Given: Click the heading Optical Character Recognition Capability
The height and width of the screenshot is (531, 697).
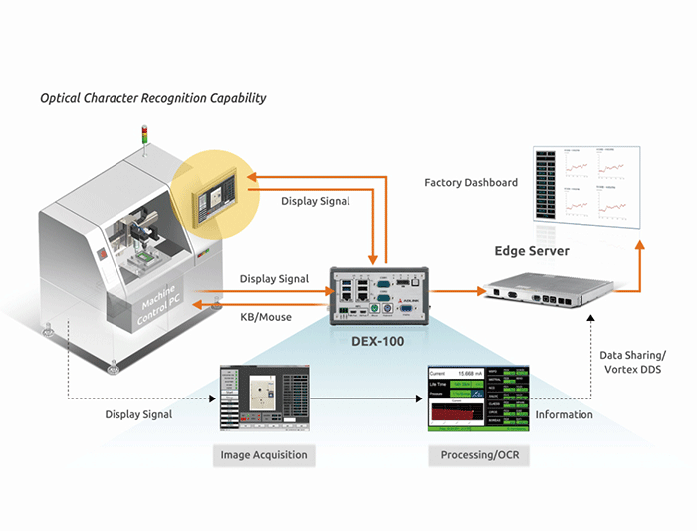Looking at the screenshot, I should click(x=152, y=99).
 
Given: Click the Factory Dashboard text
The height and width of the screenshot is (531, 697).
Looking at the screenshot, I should click(x=471, y=183).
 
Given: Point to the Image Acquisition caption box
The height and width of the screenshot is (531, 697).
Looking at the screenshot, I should click(x=265, y=456).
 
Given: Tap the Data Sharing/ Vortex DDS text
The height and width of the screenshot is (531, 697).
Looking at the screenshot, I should click(x=633, y=363).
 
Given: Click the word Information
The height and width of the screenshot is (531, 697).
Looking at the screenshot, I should click(x=564, y=414).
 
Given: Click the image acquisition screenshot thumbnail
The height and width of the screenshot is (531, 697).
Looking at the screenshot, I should click(x=265, y=399).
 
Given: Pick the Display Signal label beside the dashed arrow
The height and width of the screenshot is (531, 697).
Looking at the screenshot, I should click(x=138, y=414).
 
